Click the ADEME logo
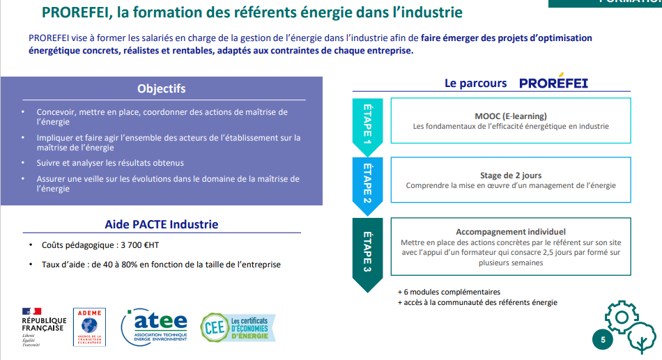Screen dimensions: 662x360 tap(89, 327)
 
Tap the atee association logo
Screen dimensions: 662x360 tap(155, 327)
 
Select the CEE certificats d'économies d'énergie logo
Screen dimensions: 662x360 tap(238, 327)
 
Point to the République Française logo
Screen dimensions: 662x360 tap(44, 327)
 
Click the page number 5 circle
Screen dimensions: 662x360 tap(603, 340)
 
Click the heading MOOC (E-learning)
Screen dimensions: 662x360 tap(510, 116)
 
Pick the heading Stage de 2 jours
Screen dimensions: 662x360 tap(510, 175)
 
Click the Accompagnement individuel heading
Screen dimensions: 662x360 tap(510, 232)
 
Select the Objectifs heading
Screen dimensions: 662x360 tap(161, 88)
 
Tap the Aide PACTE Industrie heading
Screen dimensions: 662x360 tap(161, 224)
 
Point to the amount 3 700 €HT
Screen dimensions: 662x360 tap(140, 245)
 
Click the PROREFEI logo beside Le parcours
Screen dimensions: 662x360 tap(553, 81)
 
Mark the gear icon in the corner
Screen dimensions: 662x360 tap(622, 317)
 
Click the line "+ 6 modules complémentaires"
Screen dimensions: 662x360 tap(449, 292)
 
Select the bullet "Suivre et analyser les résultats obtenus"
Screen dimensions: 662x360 tap(110, 163)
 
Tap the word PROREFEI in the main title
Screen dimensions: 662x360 tap(77, 13)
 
